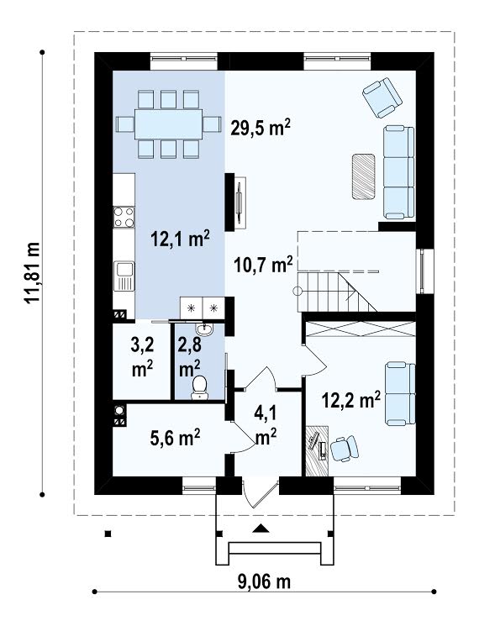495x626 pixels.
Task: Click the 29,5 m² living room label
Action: [x=261, y=128]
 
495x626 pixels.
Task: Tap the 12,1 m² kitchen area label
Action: [x=180, y=239]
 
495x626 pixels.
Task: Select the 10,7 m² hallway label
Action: [x=263, y=265]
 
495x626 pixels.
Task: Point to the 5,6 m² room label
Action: [x=176, y=438]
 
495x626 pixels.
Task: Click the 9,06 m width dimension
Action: [x=264, y=581]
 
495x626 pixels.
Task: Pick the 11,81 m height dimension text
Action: [x=33, y=273]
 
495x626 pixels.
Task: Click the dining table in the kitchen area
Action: [x=168, y=124]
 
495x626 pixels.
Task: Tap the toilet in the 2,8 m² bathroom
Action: [x=199, y=388]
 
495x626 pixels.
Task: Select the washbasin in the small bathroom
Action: [x=204, y=329]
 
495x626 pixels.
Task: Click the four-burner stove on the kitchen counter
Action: [x=124, y=217]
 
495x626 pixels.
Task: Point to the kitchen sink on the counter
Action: [x=124, y=276]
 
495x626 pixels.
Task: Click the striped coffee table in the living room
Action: [x=363, y=176]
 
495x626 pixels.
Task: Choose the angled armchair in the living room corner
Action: [x=382, y=97]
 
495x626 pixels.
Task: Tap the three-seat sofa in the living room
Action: [x=399, y=172]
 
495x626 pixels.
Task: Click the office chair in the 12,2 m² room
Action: [x=344, y=449]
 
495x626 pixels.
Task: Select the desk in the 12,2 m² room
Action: [x=317, y=450]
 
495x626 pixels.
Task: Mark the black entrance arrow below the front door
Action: [x=261, y=529]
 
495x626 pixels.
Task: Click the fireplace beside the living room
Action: [x=235, y=202]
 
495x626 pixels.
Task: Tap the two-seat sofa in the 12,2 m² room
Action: [x=400, y=393]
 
